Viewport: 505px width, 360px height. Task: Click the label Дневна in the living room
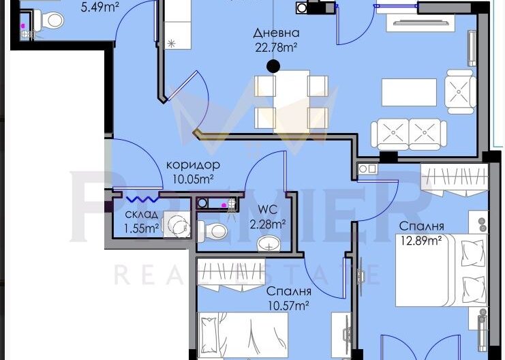pos(276,33)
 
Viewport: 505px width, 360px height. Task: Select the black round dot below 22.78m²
pos(273,66)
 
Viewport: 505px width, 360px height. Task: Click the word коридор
pos(194,165)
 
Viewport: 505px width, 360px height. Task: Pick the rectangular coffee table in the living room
pos(409,93)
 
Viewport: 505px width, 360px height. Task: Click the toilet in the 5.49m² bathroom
pos(49,21)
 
